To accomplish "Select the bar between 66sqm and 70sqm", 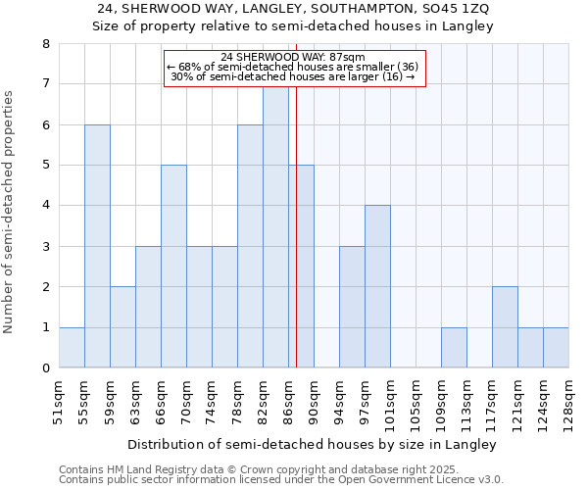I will tap(173, 267).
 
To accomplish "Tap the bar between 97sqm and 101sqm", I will tap(377, 286).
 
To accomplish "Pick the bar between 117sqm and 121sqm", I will tap(505, 327).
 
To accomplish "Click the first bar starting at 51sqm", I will tap(72, 348).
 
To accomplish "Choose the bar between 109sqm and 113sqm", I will tap(454, 348).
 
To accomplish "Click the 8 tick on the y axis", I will tap(45, 44).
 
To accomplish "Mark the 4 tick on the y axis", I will tap(45, 206).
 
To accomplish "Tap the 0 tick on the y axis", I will tap(45, 368).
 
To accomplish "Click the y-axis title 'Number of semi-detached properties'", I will tap(10, 212).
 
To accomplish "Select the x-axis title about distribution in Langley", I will tap(313, 444).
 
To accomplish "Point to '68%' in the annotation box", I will tap(191, 67).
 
